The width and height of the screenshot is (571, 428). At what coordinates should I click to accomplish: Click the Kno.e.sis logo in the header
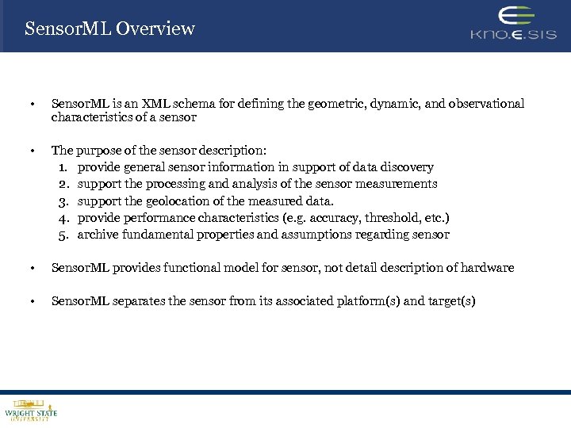coord(513,25)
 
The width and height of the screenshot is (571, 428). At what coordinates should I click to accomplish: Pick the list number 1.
coord(63,167)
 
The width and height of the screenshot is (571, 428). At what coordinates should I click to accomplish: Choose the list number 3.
coord(63,201)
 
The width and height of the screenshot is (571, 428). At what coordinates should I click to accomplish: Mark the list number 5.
coord(63,235)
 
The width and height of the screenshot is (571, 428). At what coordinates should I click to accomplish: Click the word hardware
coord(485,268)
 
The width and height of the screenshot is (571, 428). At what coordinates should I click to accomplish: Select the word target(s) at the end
coord(452,301)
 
